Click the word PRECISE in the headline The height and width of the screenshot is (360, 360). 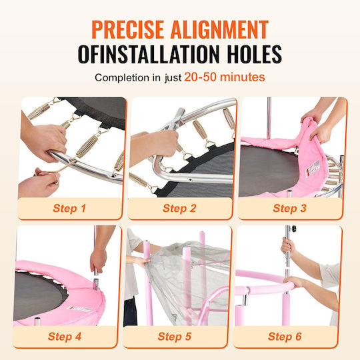(127, 29)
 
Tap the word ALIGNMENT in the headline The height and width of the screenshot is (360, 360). (220, 29)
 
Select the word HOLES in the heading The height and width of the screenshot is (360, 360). (255, 54)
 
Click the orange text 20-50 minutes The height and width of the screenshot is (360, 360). (225, 77)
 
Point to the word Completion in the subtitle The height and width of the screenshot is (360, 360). (122, 77)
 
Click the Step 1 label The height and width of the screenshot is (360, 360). (69, 208)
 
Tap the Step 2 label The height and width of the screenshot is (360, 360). (179, 208)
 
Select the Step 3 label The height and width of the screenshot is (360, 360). (289, 208)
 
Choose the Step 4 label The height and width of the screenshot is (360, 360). (65, 337)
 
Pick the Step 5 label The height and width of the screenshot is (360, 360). (175, 337)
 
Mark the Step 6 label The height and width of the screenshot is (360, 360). (285, 337)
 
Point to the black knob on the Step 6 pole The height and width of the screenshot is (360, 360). (293, 229)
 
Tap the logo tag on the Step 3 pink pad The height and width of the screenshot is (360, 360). (313, 167)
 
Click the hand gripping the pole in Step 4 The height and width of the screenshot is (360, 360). (98, 261)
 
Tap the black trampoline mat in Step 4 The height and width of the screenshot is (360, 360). (38, 296)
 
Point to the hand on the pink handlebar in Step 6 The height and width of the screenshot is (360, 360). (293, 282)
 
